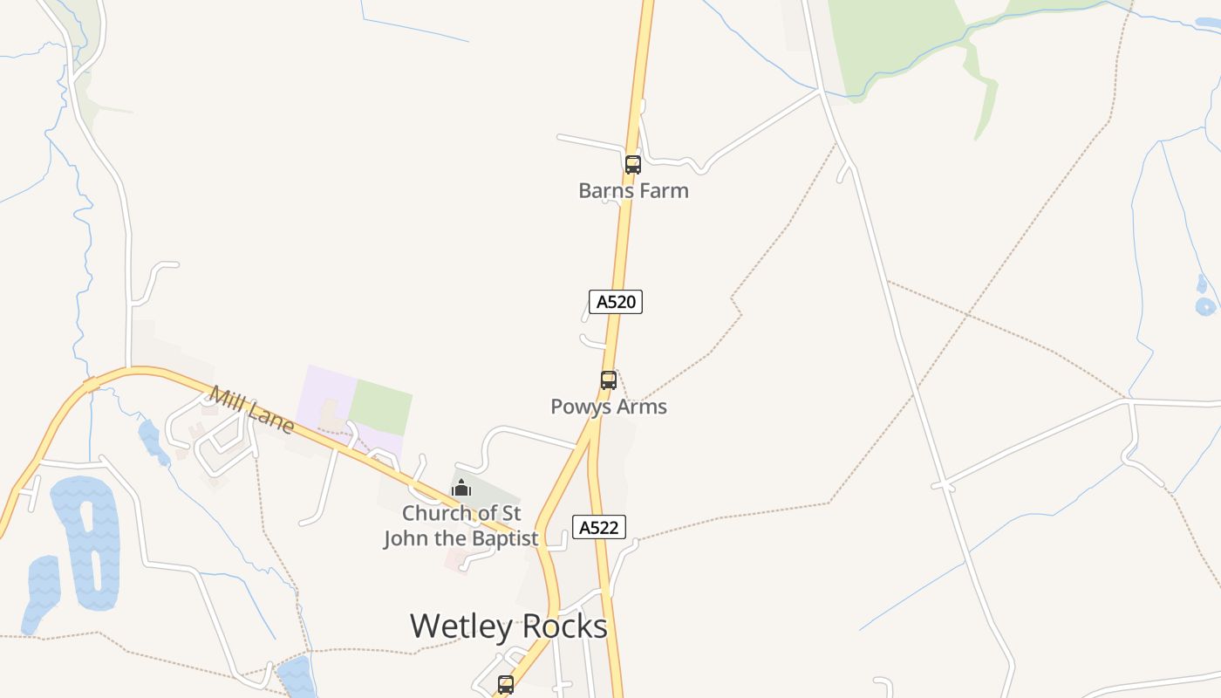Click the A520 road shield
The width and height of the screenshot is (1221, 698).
(616, 302)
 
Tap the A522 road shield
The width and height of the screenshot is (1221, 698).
(599, 527)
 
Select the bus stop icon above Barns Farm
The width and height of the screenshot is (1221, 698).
(633, 164)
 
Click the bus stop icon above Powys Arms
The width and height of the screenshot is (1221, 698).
(609, 380)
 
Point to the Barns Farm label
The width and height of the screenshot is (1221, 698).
(633, 190)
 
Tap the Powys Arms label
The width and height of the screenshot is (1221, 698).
(609, 407)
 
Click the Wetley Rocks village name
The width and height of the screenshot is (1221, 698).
(508, 626)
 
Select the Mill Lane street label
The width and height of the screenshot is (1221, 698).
(251, 410)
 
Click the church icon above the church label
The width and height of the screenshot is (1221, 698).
(461, 488)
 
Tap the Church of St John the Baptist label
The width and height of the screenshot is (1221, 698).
(461, 525)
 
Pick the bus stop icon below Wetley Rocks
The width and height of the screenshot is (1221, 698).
(506, 685)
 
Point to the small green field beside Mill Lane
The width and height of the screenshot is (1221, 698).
(380, 407)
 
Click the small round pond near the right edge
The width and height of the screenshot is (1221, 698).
(1204, 306)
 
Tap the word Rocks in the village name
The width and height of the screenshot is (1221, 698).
(561, 626)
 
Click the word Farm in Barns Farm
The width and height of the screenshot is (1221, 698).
(665, 190)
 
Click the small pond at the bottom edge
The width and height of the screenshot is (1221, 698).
(296, 678)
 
